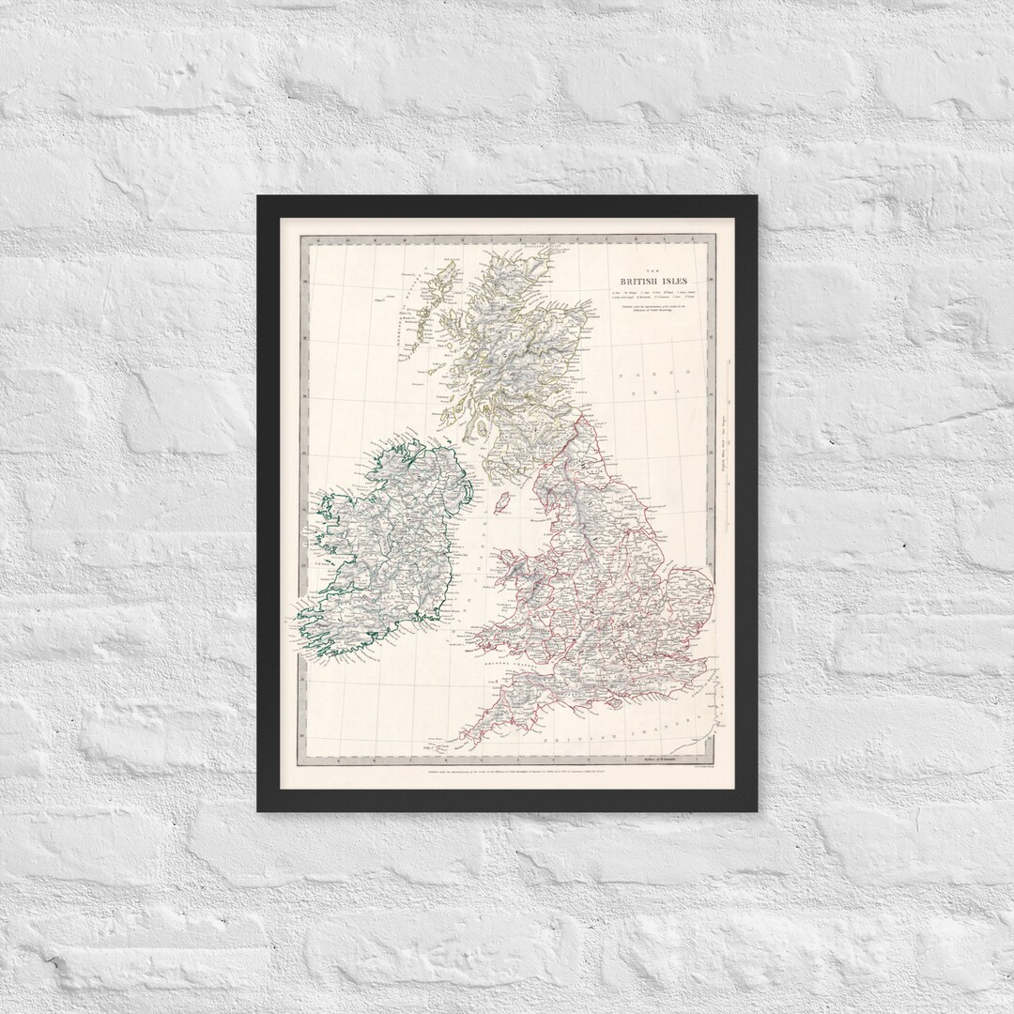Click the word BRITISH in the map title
pyautogui.click(x=641, y=281)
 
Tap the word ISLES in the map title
pyautogui.click(x=681, y=281)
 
